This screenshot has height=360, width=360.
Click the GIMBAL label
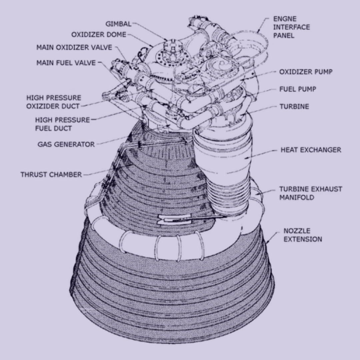[118, 24]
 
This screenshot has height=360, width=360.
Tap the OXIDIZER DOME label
[99, 35]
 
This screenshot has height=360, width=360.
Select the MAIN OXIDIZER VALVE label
[74, 47]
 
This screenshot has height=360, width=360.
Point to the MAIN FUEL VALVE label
[66, 63]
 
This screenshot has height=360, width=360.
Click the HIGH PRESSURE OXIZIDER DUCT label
[53, 102]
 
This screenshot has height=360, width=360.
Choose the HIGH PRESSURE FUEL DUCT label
[63, 124]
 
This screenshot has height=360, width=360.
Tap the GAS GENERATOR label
[66, 144]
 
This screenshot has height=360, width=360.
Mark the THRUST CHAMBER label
[51, 174]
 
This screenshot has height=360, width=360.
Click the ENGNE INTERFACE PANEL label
[291, 27]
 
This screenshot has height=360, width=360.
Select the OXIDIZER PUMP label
[306, 72]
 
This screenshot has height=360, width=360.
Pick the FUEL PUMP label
[298, 89]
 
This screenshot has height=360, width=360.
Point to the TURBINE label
[294, 107]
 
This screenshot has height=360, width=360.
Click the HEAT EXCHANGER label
[311, 150]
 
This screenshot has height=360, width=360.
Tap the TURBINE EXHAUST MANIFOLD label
[310, 193]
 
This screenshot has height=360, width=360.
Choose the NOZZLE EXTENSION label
[303, 235]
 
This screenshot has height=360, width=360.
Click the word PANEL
[284, 35]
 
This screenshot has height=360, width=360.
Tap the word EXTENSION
[303, 239]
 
